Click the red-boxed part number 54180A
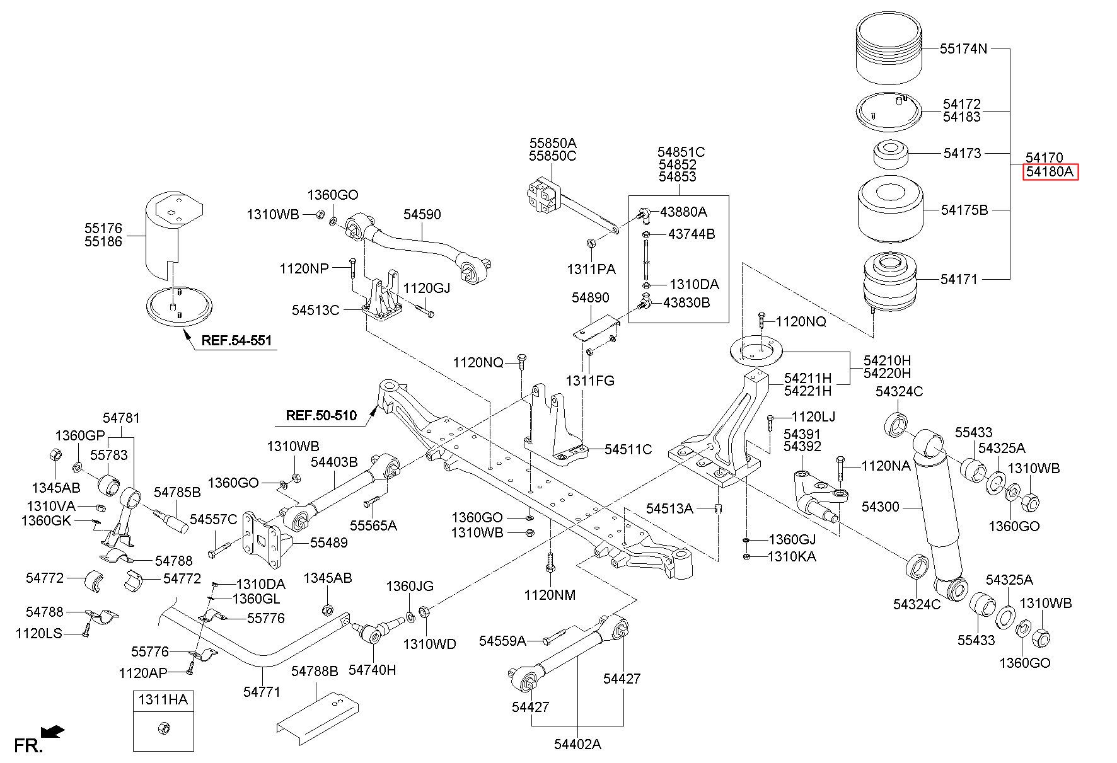(1050, 172)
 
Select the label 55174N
(963, 49)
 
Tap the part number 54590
(422, 214)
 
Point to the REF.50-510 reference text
(321, 415)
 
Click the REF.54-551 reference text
(236, 341)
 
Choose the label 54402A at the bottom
(577, 744)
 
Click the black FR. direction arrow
(52, 731)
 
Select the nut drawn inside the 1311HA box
(163, 728)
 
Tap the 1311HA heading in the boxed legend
(163, 699)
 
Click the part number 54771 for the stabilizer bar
(262, 692)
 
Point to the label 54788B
(315, 672)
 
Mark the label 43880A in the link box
(683, 212)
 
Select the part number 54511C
(628, 449)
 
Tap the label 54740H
(373, 670)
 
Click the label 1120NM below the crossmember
(550, 594)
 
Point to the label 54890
(591, 297)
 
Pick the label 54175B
(964, 210)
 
